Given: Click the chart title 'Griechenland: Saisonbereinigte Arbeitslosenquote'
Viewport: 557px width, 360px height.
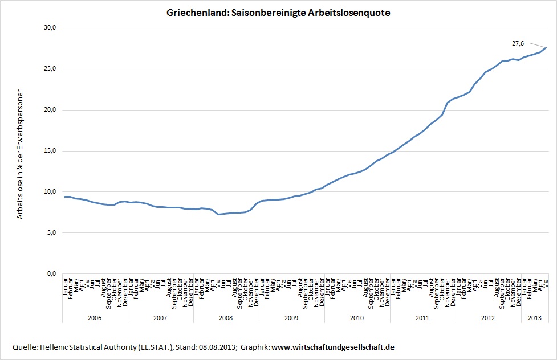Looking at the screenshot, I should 278,13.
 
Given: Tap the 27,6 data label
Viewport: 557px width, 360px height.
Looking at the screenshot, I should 518,43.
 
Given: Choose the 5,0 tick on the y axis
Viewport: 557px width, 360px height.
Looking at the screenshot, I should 51,233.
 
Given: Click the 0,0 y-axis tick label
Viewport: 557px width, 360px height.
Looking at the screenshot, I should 51,274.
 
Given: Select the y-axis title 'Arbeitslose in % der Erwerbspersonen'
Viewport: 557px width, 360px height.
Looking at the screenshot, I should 21,154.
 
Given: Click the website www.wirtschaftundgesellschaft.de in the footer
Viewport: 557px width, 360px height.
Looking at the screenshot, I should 333,347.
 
